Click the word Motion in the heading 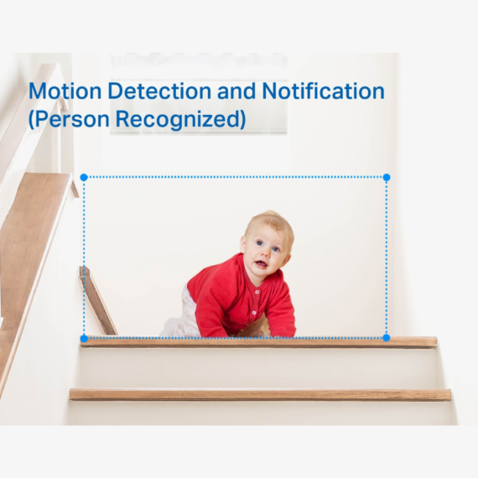click(65, 91)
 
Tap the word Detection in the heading click(159, 91)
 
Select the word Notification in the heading click(323, 91)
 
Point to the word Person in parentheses click(69, 118)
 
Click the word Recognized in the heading click(180, 119)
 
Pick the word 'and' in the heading click(236, 91)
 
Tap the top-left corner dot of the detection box click(84, 178)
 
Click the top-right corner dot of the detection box click(387, 178)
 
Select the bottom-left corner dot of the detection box click(84, 339)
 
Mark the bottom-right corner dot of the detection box click(387, 338)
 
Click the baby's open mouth click(261, 263)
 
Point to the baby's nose click(266, 252)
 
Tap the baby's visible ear click(243, 244)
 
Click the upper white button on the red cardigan click(257, 293)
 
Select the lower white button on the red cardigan click(254, 313)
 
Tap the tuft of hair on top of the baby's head click(270, 213)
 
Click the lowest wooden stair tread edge click(260, 395)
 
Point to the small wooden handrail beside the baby click(97, 300)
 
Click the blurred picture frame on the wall click(199, 94)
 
